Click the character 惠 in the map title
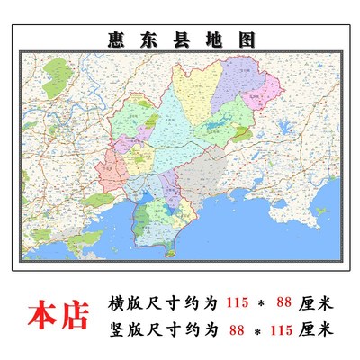112,40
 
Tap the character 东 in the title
146,40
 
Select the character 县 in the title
179,40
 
